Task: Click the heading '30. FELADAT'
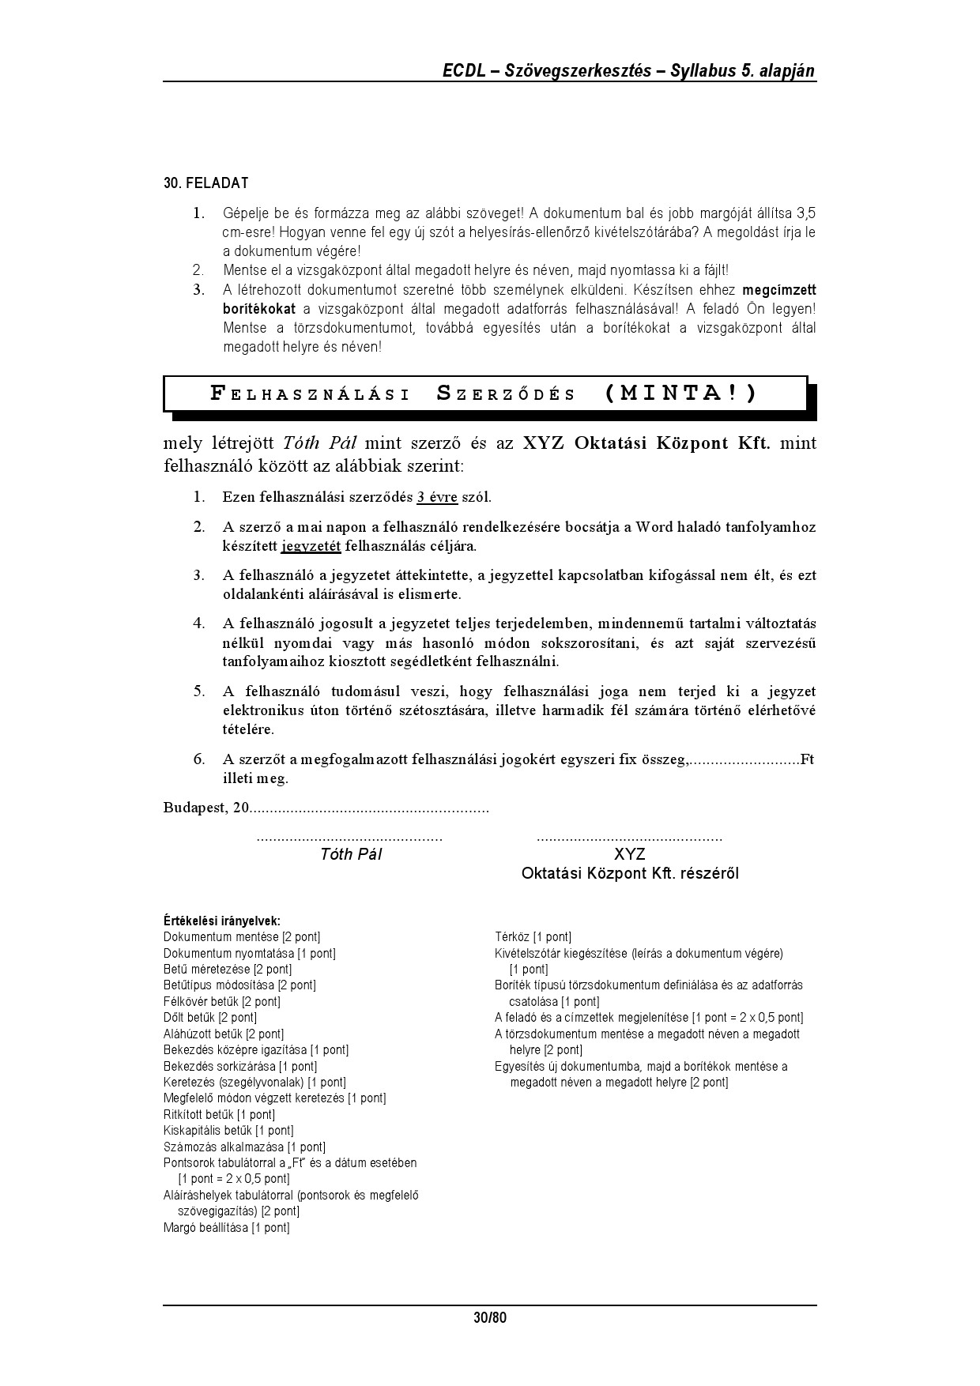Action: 205,183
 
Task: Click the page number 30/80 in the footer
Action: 489,1318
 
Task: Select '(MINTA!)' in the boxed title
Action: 680,393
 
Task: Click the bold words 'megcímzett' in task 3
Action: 779,290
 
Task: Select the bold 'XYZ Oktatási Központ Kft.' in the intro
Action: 646,443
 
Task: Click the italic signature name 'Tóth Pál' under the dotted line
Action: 350,854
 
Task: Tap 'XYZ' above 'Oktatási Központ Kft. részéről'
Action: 629,854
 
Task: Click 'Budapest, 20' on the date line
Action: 206,808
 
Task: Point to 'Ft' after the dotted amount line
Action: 807,759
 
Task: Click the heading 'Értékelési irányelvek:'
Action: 221,921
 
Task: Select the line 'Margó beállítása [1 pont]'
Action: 226,1227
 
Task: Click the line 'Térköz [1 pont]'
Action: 533,937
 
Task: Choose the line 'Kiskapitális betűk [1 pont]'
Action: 228,1131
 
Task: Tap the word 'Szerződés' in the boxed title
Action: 506,394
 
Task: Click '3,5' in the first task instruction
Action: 805,213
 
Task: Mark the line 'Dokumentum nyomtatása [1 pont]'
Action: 249,953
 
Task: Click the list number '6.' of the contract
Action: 199,759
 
